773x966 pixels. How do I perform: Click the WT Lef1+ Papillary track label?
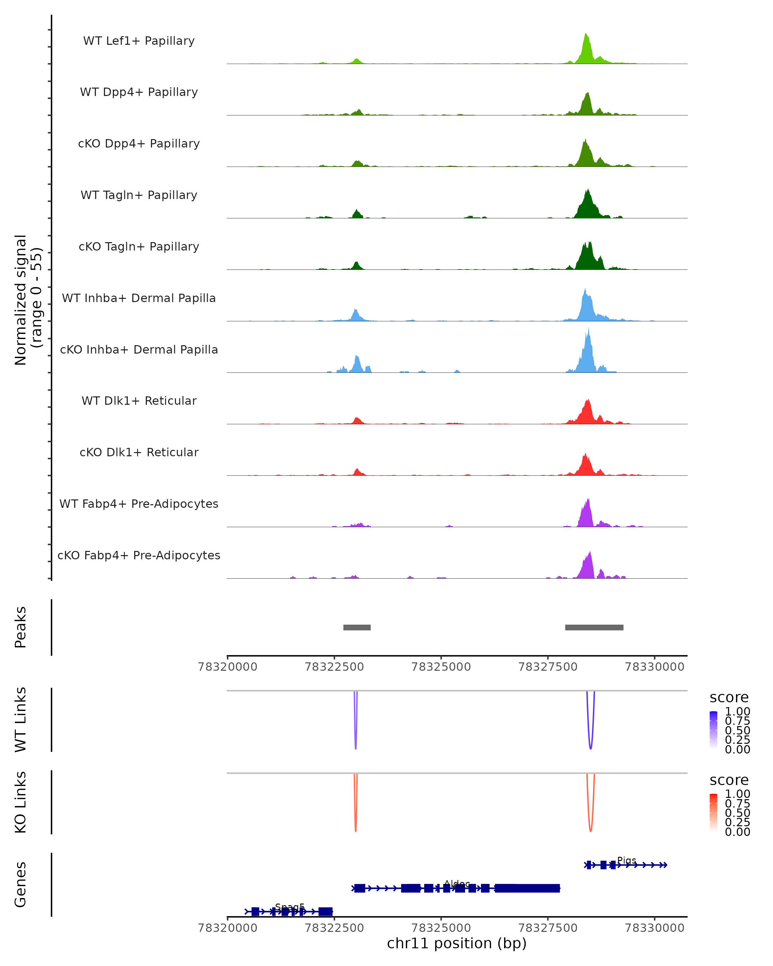pos(139,41)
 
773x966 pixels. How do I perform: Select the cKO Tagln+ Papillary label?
pos(139,246)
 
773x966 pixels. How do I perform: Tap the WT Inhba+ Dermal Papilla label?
pos(139,298)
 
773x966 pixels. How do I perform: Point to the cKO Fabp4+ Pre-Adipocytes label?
pos(139,555)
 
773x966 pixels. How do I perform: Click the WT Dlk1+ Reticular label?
pos(139,401)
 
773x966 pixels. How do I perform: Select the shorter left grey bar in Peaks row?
pos(357,627)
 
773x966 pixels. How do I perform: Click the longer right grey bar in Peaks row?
pos(594,627)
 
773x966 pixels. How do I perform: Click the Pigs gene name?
pos(626,860)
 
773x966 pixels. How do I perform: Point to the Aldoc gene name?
pos(457,884)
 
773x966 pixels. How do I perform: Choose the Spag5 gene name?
pos(290,907)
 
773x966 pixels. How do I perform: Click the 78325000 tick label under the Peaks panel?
pos(441,667)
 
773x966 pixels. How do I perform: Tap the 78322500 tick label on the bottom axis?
pos(334,928)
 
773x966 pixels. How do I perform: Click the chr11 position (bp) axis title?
pos(457,943)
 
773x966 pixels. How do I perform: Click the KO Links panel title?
pos(21,802)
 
